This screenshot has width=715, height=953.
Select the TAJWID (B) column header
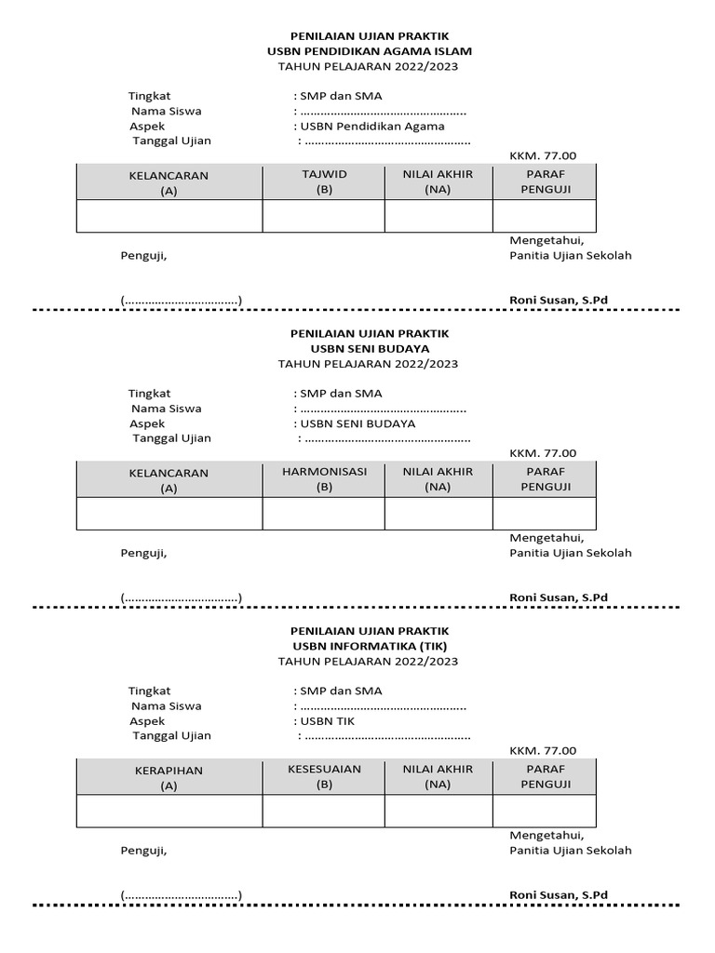[324, 181]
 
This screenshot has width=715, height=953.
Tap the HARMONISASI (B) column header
[324, 478]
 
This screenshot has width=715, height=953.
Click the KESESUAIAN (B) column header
[324, 776]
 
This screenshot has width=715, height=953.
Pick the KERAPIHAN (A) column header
[169, 778]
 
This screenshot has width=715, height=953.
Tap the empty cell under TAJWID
[324, 216]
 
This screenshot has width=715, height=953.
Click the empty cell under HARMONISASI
[324, 513]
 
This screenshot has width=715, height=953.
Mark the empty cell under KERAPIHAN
[169, 811]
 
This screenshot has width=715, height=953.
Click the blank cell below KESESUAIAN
[324, 811]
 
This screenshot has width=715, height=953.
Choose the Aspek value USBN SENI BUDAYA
[357, 423]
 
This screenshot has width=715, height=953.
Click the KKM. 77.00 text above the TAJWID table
[543, 155]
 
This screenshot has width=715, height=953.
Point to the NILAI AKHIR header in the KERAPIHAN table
[438, 776]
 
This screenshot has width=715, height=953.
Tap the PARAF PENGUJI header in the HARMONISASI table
[546, 478]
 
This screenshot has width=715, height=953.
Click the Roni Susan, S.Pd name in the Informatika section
[559, 895]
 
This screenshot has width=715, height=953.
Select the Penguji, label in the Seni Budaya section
[144, 553]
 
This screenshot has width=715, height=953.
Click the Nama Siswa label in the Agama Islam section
[166, 111]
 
